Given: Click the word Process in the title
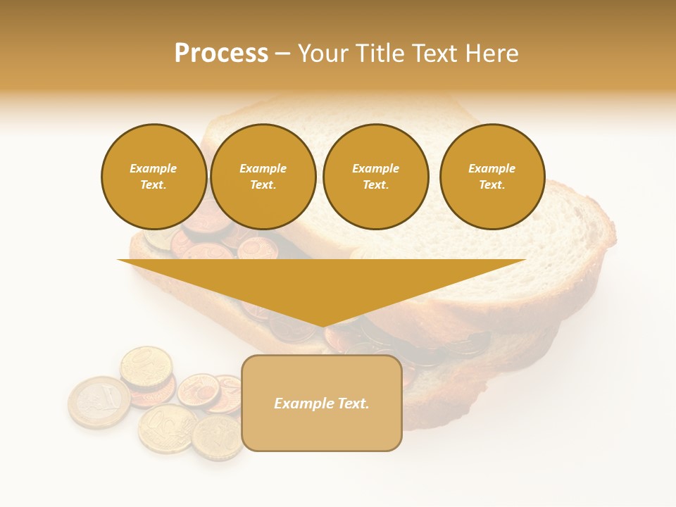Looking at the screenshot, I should click(221, 54).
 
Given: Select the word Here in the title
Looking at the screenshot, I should click(490, 54).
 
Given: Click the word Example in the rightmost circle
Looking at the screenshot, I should click(492, 168).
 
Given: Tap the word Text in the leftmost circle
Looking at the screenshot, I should click(153, 185).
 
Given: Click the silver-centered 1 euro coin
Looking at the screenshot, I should click(99, 402).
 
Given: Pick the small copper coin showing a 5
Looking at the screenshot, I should click(199, 390).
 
